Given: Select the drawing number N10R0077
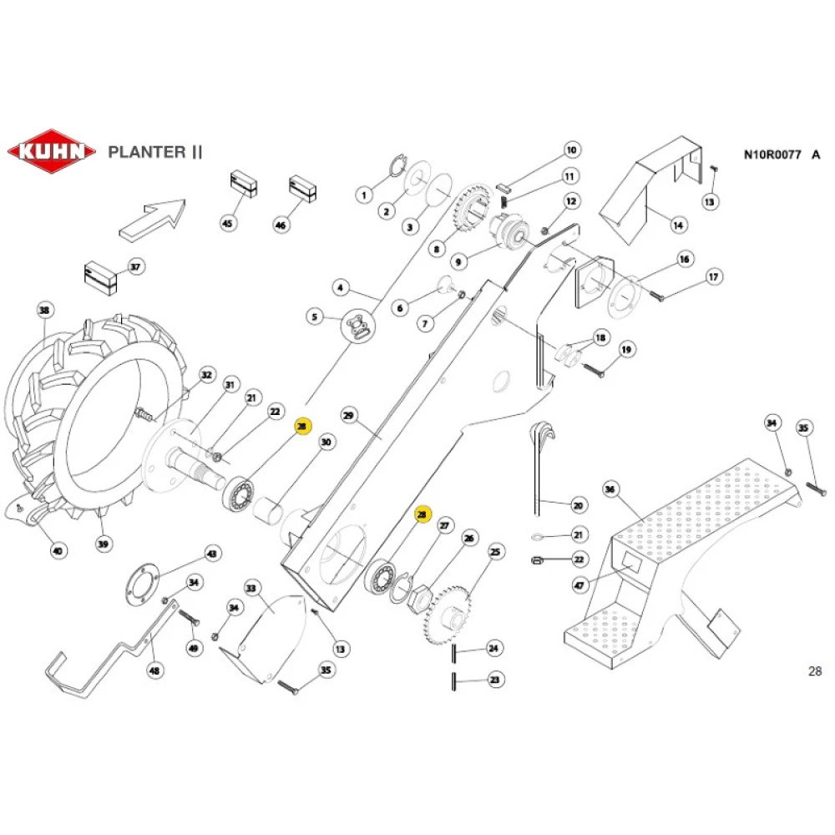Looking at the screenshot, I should [772, 154].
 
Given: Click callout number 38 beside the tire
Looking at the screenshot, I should [44, 311].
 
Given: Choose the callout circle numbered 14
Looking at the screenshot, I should [678, 224].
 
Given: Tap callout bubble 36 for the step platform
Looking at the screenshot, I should [610, 489].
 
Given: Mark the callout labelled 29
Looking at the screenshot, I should [350, 415].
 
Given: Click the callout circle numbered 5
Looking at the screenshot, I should [315, 316].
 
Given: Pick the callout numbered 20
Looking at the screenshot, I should [579, 505].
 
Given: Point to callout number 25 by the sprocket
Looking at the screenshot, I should [496, 552].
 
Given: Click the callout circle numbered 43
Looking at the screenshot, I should [212, 554].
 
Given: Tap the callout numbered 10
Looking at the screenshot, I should [571, 151].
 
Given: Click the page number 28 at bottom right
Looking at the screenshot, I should [815, 671].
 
